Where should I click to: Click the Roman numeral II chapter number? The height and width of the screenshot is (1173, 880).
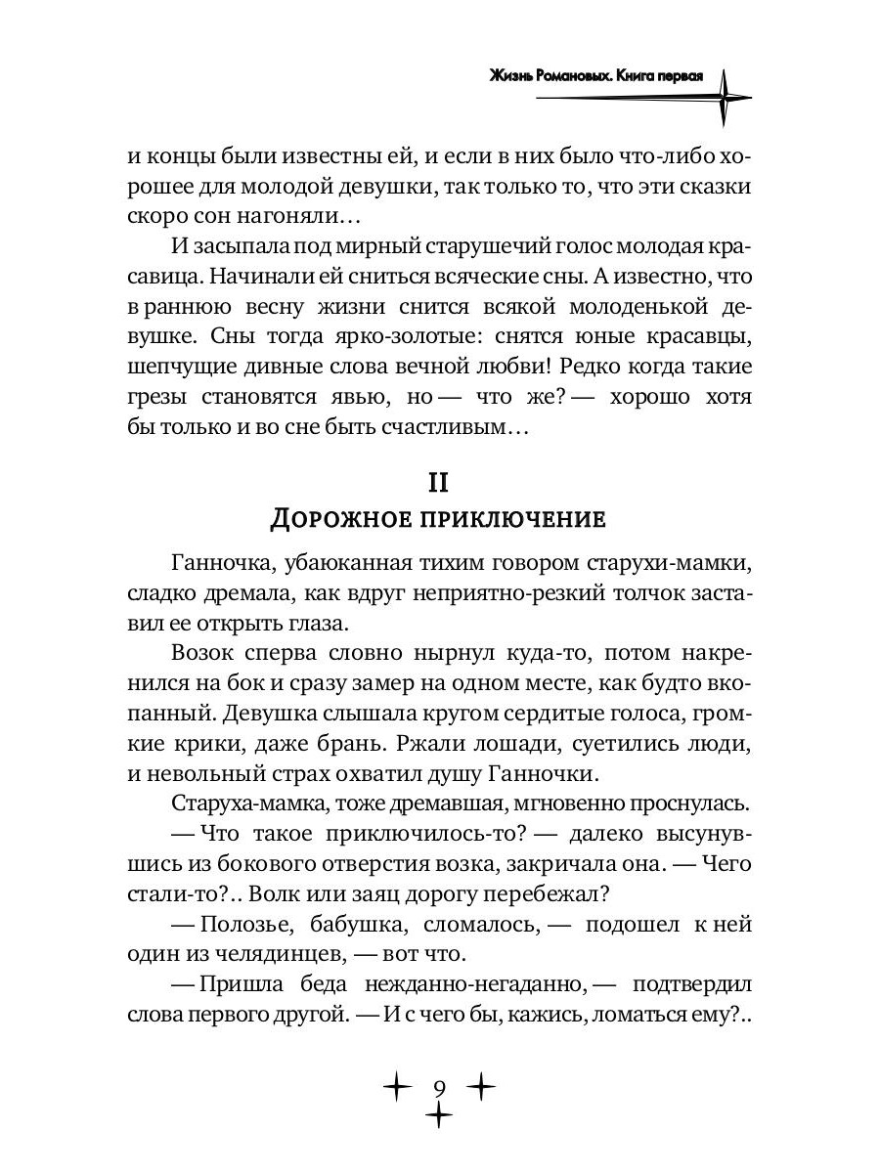439,483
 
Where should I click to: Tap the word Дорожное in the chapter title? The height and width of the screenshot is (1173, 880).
331,518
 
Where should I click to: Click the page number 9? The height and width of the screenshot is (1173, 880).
440,1087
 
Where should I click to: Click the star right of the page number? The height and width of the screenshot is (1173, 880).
483,1086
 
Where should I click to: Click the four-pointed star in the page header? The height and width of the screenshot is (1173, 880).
725,97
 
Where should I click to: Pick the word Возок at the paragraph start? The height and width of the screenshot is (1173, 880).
201,650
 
